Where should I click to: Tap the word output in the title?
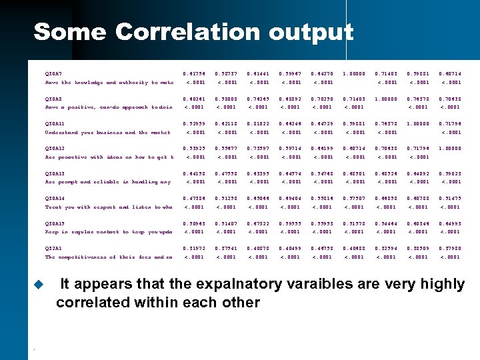[310, 31]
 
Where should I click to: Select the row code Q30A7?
[53, 73]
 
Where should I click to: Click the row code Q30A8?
[53, 98]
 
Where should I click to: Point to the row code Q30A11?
[55, 123]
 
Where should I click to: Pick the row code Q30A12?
[55, 148]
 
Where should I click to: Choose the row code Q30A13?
[55, 173]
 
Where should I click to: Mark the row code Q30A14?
[55, 198]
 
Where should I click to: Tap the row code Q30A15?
[55, 223]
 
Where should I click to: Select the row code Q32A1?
[53, 248]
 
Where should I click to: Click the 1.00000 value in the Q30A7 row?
[354, 73]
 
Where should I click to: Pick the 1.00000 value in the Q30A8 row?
[387, 98]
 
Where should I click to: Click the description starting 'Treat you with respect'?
[109, 207]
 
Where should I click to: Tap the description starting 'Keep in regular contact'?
[109, 232]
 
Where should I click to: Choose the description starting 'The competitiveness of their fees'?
[109, 257]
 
